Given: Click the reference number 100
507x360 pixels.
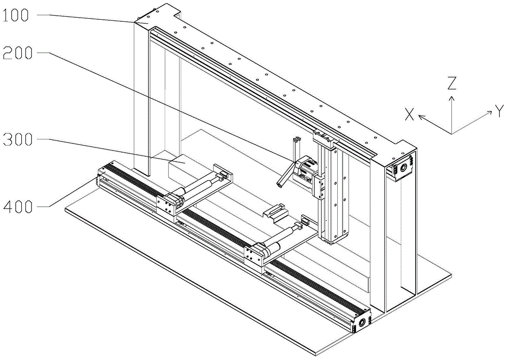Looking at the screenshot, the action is (x=16, y=15).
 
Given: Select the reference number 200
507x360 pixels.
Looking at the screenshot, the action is (x=18, y=53).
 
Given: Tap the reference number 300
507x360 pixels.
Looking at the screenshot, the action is (x=18, y=139).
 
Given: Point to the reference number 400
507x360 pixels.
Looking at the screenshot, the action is (x=18, y=206).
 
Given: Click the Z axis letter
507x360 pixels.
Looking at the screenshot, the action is (x=451, y=83).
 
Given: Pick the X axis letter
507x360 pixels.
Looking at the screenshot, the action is (x=409, y=115).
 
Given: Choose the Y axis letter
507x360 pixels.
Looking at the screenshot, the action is (x=499, y=111).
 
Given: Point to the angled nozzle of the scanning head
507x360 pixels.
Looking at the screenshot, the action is (x=286, y=174).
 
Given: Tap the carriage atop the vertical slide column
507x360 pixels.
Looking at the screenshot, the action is (x=323, y=137).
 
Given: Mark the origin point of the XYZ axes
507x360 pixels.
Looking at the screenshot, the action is (x=451, y=133).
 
